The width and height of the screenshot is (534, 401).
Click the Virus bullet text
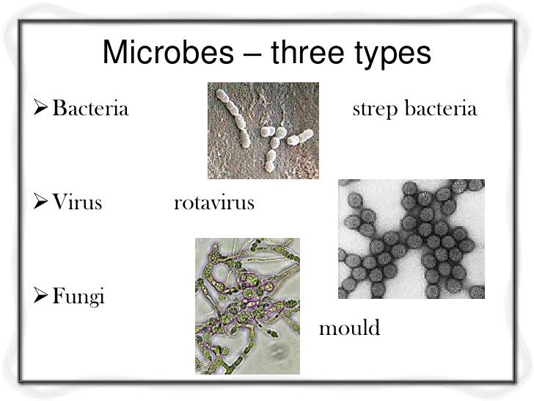coord(76,202)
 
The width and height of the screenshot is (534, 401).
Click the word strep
coord(374,112)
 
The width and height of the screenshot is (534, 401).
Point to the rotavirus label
coord(213,202)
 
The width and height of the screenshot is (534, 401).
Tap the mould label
coord(349,328)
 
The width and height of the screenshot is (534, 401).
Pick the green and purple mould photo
coord(247,306)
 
